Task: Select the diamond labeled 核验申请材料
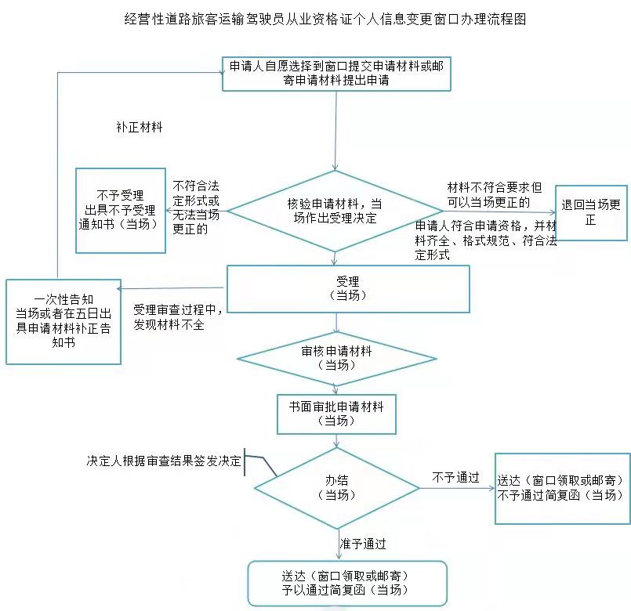(x=335, y=211)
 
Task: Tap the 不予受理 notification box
(x=120, y=210)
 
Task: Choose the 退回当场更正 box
(x=590, y=212)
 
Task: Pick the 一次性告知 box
(x=63, y=321)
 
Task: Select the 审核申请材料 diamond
(x=336, y=359)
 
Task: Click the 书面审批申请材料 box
(x=336, y=413)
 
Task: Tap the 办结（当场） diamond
(x=336, y=487)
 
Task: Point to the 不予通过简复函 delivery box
(x=562, y=488)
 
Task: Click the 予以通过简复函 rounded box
(x=346, y=583)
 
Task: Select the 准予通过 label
(x=362, y=543)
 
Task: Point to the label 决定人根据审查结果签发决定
(x=164, y=461)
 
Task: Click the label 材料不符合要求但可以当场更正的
(x=494, y=195)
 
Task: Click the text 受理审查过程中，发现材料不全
(x=179, y=317)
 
